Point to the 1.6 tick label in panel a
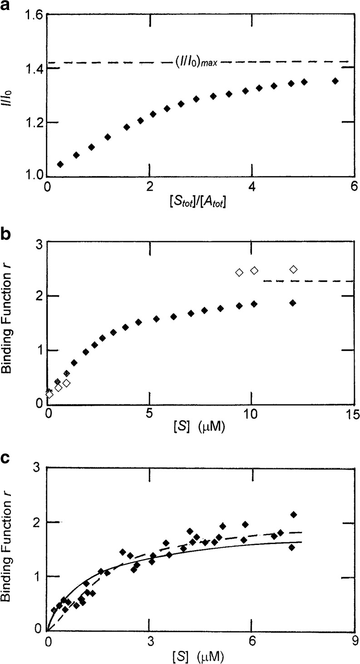30,15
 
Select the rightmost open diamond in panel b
293,270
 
